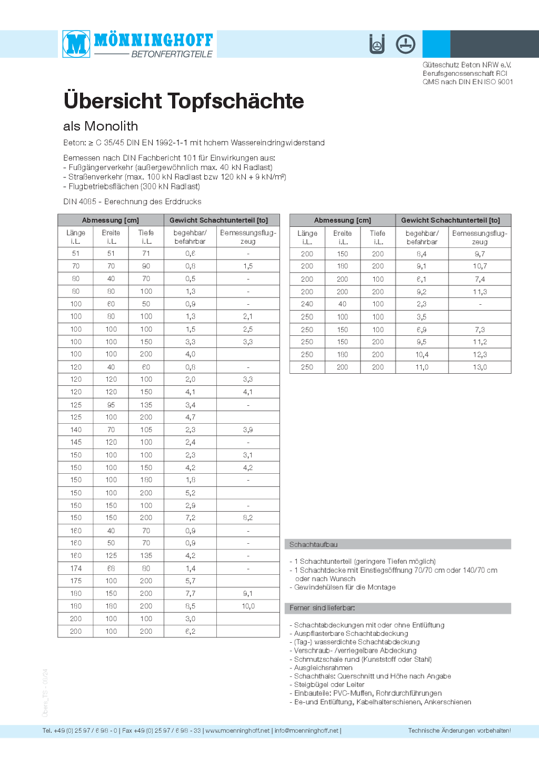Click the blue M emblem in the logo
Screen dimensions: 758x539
click(x=76, y=44)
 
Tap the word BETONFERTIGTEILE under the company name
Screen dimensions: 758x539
click(x=172, y=54)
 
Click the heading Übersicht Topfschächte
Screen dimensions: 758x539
click(x=184, y=101)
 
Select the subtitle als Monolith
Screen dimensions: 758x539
click(x=101, y=126)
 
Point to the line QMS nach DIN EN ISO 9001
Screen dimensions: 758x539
click(x=467, y=82)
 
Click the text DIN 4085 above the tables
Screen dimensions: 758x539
click(x=80, y=202)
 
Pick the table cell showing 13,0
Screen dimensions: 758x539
click(x=480, y=367)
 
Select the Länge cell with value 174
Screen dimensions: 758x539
click(x=76, y=568)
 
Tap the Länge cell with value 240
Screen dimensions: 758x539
click(x=307, y=304)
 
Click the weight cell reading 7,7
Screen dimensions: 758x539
click(x=190, y=594)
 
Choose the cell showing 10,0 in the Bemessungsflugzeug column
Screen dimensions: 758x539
click(x=248, y=606)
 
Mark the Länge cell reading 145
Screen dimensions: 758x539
click(x=76, y=443)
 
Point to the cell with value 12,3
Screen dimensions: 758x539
click(x=480, y=355)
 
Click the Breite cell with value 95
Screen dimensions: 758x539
click(x=111, y=405)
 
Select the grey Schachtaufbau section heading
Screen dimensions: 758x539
click(x=314, y=544)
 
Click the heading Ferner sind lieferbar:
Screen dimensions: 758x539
click(x=322, y=608)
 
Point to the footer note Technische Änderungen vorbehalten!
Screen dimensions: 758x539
click(x=459, y=731)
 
